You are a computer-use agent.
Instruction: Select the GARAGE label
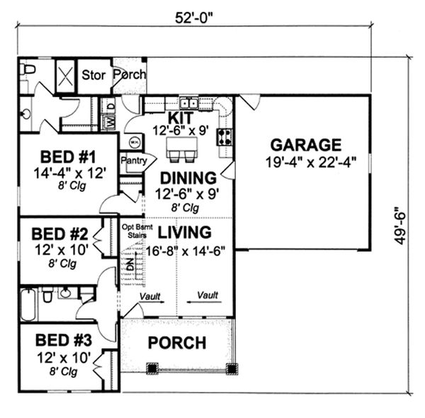click(x=307, y=145)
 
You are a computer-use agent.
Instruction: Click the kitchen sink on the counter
click(x=188, y=102)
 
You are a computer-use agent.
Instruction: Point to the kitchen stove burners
click(x=225, y=137)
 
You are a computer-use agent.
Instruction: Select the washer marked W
click(x=110, y=122)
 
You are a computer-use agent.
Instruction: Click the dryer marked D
click(x=110, y=106)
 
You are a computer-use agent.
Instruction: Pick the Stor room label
click(x=93, y=74)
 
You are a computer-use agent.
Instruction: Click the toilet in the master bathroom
click(x=28, y=69)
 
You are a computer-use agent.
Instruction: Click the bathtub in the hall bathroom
click(x=27, y=304)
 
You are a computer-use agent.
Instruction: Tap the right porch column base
click(x=231, y=368)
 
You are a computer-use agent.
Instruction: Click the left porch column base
click(x=152, y=368)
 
